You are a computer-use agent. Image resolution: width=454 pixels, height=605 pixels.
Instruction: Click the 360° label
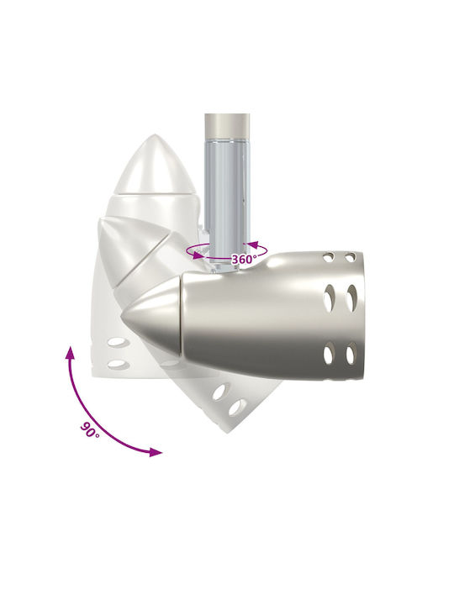point(244,259)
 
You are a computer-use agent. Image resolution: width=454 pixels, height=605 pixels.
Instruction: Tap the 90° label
point(90,430)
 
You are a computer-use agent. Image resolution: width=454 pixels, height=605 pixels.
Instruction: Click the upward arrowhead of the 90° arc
point(71,353)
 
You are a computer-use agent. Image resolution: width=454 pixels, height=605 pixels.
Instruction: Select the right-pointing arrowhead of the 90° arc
point(156,452)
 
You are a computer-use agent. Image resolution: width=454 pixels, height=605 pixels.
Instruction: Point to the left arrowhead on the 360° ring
point(198,255)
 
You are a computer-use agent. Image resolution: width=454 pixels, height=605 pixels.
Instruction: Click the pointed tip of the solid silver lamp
point(122,316)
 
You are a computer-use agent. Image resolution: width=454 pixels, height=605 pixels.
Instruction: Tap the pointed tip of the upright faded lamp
point(155,135)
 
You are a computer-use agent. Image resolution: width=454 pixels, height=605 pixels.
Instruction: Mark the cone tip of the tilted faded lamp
point(101,220)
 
